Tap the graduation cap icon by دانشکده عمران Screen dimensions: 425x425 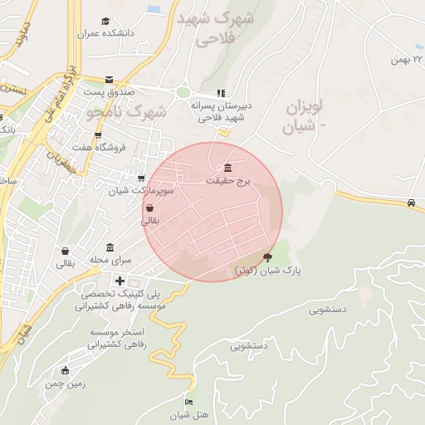pyautogui.click(x=105, y=22)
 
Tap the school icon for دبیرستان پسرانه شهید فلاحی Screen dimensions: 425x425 pyautogui.click(x=220, y=93)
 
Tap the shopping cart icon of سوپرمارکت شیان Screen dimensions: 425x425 pyautogui.click(x=141, y=178)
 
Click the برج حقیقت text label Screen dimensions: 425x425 pyautogui.click(x=227, y=179)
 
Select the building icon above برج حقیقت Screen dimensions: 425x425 pyautogui.click(x=228, y=168)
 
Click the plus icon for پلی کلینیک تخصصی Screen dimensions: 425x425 pyautogui.click(x=120, y=281)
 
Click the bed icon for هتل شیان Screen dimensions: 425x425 pyautogui.click(x=189, y=403)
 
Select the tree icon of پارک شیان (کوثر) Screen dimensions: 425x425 pyautogui.click(x=266, y=258)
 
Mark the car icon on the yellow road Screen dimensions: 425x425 pyautogui.click(x=411, y=203)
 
